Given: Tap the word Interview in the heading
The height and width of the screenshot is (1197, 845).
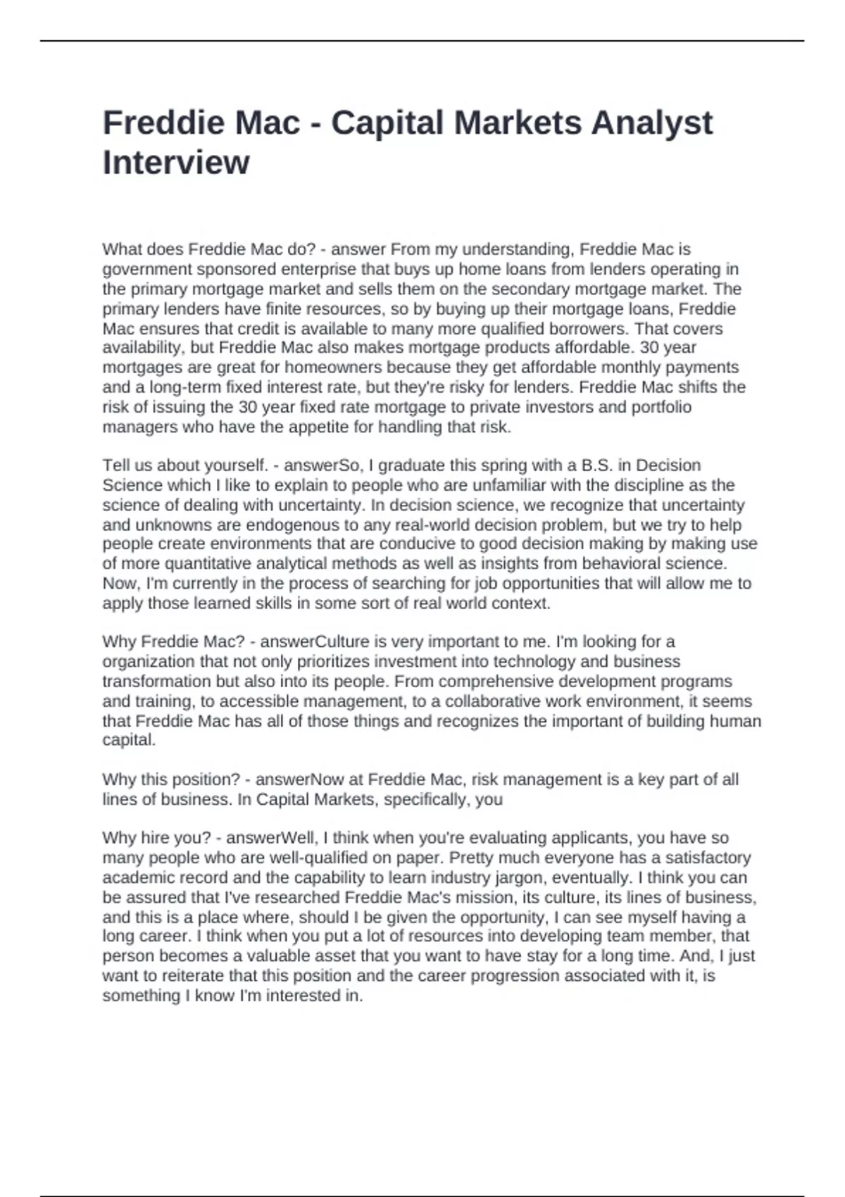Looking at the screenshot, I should click(x=176, y=163).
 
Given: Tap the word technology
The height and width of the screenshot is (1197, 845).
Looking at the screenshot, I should click(x=534, y=662).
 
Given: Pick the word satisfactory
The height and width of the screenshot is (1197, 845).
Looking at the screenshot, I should click(x=703, y=858).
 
